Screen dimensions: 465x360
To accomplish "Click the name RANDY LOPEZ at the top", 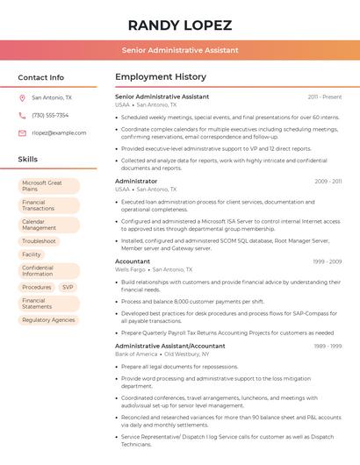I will (180, 25).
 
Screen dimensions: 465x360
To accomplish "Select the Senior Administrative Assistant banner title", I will (180, 50).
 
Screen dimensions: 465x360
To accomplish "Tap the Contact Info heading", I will (41, 77).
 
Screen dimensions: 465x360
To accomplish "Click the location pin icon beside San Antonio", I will (22, 98).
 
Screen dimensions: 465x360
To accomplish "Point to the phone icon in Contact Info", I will (22, 116).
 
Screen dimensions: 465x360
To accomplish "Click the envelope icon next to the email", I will (22, 133).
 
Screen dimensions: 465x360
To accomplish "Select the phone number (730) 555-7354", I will (50, 116).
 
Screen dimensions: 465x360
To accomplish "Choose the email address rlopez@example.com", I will (59, 133).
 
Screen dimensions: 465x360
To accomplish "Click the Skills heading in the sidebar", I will (28, 160).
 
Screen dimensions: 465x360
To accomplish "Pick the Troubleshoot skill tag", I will (39, 241).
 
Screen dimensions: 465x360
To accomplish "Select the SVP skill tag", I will (68, 287).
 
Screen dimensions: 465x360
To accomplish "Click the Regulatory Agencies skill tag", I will (48, 320).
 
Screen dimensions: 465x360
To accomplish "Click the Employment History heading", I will (161, 77).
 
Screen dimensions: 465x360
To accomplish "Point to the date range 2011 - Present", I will (325, 97).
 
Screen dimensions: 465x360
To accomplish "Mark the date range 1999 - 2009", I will (326, 261).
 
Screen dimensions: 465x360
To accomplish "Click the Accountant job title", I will (133, 261).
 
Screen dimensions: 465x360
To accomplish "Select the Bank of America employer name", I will (136, 354).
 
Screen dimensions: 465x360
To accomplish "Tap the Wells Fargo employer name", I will (131, 269).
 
